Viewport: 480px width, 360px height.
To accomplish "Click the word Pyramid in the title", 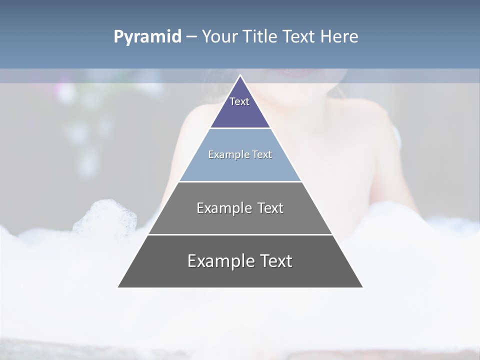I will pyautogui.click(x=147, y=37).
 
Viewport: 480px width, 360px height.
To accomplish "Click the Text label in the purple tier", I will pyautogui.click(x=239, y=101).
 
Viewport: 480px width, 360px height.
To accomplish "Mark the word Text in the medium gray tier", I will pyautogui.click(x=270, y=208).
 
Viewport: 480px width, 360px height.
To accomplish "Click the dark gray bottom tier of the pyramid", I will pyautogui.click(x=240, y=275).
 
